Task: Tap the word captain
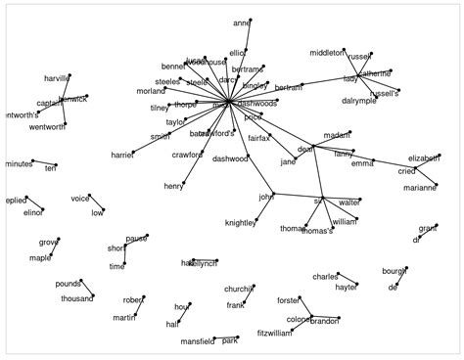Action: point(49,103)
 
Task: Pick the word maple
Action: point(40,258)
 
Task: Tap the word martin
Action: point(123,317)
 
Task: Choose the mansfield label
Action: point(197,341)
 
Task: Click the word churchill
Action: point(239,289)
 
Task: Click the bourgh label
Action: point(394,270)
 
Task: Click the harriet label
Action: point(121,155)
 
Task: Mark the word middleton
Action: point(327,52)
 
